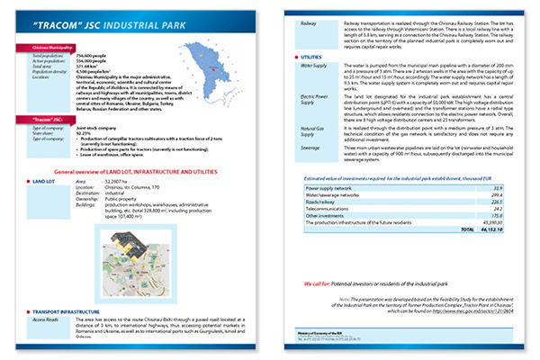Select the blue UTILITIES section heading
pos(313,56)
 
